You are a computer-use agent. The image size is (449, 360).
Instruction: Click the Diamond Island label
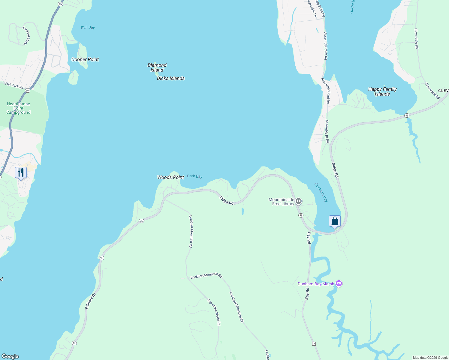pyautogui.click(x=157, y=67)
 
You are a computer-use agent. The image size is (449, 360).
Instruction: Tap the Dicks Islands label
pyautogui.click(x=170, y=78)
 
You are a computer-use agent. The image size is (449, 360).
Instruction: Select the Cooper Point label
pyautogui.click(x=85, y=59)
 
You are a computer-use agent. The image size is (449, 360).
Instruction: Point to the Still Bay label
pyautogui.click(x=88, y=27)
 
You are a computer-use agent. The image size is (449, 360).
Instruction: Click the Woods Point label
pyautogui.click(x=170, y=177)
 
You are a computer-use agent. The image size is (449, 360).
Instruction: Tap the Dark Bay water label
pyautogui.click(x=194, y=176)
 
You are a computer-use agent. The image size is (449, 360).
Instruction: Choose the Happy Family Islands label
pyautogui.click(x=382, y=91)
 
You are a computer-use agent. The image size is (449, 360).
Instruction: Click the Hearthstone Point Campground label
pyautogui.click(x=18, y=108)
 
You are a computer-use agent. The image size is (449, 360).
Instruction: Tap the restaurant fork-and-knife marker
pyautogui.click(x=21, y=172)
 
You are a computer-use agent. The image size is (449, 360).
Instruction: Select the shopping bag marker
pyautogui.click(x=335, y=221)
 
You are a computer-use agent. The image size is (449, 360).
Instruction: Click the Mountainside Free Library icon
pyautogui.click(x=299, y=201)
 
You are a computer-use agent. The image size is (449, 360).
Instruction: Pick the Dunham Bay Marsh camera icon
pyautogui.click(x=339, y=283)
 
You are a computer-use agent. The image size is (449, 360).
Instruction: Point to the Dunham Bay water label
pyautogui.click(x=321, y=192)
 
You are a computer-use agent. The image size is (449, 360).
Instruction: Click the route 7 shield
pyautogui.click(x=314, y=343)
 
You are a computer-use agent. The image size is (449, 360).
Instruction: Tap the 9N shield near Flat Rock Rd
pyautogui.click(x=28, y=91)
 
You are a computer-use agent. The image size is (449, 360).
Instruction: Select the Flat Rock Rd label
pyautogui.click(x=14, y=86)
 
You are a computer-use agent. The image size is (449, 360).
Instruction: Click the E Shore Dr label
pyautogui.click(x=90, y=301)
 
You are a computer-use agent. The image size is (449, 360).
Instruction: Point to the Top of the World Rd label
pyautogui.click(x=214, y=312)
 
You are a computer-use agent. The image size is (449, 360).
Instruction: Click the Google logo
pyautogui.click(x=10, y=356)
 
